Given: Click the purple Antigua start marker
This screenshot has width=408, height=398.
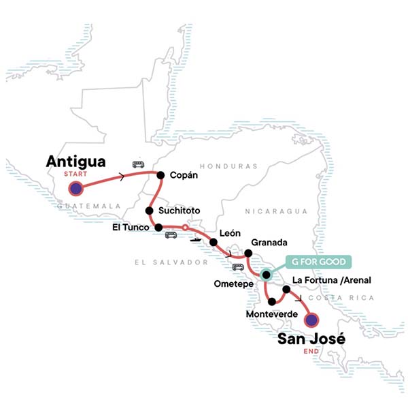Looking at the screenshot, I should (x=75, y=188).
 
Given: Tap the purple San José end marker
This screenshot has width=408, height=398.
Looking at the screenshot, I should (x=311, y=319).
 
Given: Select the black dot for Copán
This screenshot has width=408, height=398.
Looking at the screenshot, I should (x=160, y=175).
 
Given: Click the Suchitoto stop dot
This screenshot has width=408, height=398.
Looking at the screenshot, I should (x=150, y=211).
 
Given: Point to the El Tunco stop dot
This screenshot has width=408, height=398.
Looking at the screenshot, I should (x=158, y=228).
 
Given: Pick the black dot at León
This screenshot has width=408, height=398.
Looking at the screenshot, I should (x=214, y=242).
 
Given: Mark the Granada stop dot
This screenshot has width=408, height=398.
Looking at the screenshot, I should (x=248, y=254).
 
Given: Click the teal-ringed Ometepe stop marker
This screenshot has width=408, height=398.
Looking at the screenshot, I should (x=266, y=275).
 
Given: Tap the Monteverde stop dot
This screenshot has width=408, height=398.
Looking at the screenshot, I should (x=272, y=301).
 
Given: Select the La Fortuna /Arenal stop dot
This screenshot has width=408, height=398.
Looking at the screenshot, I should (x=286, y=290).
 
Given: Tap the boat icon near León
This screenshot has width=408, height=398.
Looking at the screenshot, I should (x=195, y=239).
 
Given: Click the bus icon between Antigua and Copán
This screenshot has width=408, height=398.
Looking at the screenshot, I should (x=138, y=164).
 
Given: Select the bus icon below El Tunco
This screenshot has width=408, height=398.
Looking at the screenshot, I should (x=171, y=235).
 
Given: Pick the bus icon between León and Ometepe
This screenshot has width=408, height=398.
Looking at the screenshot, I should (x=238, y=266).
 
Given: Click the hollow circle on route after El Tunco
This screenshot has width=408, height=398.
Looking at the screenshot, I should (x=184, y=228).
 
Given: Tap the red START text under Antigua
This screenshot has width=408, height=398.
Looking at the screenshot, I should (x=75, y=173).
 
